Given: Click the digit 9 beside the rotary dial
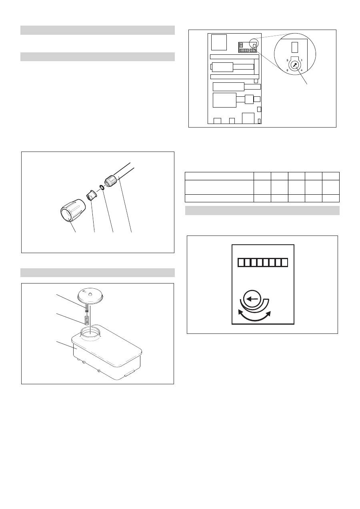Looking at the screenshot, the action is click(x=287, y=60).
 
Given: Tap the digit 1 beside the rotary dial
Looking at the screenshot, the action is click(x=302, y=60).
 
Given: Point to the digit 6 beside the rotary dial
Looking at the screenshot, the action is click(x=287, y=70).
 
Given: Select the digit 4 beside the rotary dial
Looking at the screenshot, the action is click(x=302, y=70).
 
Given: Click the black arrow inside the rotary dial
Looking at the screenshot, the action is click(x=294, y=65).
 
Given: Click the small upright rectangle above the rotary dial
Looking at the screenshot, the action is click(x=294, y=47).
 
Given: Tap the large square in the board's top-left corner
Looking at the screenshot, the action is click(x=219, y=42).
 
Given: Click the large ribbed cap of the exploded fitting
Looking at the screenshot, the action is click(x=72, y=210).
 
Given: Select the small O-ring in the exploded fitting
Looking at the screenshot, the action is click(x=102, y=188).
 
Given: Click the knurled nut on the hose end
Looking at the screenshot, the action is click(x=110, y=182).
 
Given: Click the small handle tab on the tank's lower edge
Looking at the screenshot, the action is click(x=129, y=372).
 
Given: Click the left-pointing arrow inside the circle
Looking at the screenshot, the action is click(x=252, y=299).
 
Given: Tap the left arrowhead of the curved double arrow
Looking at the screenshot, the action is click(x=240, y=311).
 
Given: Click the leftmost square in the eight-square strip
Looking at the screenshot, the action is click(x=241, y=262).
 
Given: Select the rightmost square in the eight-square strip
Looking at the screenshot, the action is click(x=284, y=262).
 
